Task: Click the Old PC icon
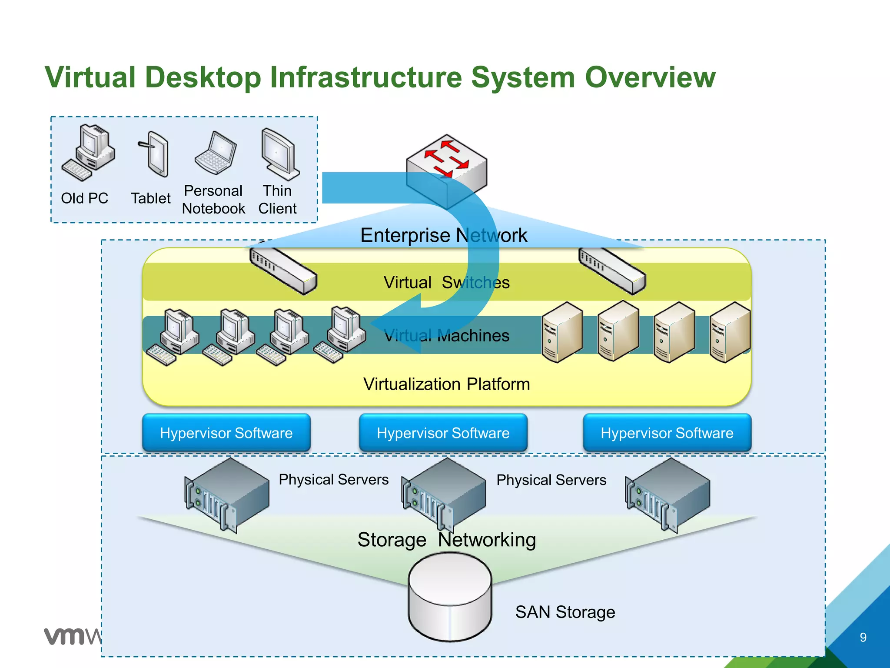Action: pyautogui.click(x=89, y=152)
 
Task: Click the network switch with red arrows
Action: pyautogui.click(x=447, y=170)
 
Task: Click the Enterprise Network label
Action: pyautogui.click(x=443, y=235)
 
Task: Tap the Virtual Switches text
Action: pyautogui.click(x=446, y=283)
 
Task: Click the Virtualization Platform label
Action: pyautogui.click(x=446, y=384)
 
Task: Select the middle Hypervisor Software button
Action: pyautogui.click(x=443, y=433)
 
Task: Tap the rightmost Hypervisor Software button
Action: pyautogui.click(x=667, y=433)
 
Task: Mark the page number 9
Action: pyautogui.click(x=863, y=637)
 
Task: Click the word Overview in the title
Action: pyautogui.click(x=650, y=77)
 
